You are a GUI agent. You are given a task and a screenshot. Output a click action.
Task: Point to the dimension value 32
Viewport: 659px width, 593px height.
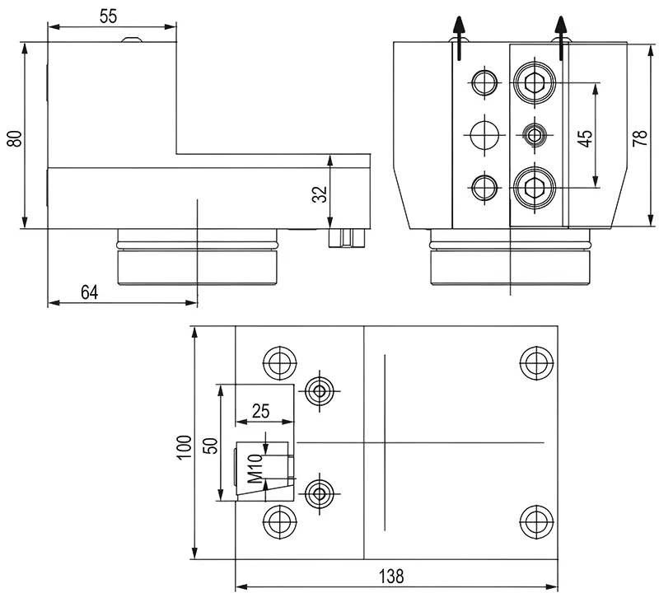[x=320, y=193]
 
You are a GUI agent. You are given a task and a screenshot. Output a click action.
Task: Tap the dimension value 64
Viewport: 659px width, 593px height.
[x=91, y=292]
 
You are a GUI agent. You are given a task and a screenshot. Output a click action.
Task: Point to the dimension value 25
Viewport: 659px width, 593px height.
[x=263, y=410]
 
